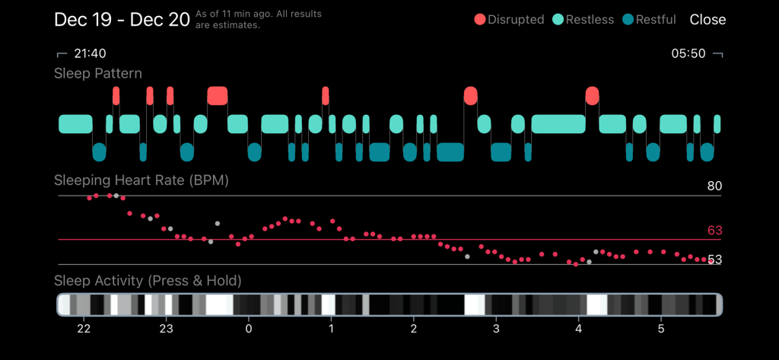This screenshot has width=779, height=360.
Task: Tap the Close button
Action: [707, 20]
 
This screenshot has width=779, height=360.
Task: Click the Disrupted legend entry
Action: [510, 20]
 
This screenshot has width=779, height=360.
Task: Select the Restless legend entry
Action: [583, 20]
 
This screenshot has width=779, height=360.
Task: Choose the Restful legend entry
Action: [649, 20]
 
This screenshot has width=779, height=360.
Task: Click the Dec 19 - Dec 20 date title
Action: [122, 20]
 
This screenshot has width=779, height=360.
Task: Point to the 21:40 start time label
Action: [89, 54]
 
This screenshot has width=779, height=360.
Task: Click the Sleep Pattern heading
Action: [98, 74]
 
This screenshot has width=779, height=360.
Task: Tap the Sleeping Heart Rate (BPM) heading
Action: [141, 180]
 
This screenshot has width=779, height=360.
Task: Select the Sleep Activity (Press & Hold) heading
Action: [148, 281]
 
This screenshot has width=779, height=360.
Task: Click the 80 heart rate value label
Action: [714, 186]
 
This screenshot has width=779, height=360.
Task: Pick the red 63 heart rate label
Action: [714, 231]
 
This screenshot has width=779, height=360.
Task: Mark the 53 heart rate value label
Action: [714, 260]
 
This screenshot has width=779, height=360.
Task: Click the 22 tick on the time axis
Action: [84, 329]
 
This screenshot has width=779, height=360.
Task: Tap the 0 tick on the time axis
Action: [249, 329]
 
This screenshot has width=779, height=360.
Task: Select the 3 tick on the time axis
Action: [496, 329]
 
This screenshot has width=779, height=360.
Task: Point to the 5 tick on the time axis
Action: [661, 329]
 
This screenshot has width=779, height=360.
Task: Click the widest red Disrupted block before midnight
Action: [218, 95]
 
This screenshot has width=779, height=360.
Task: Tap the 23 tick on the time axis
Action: [166, 329]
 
